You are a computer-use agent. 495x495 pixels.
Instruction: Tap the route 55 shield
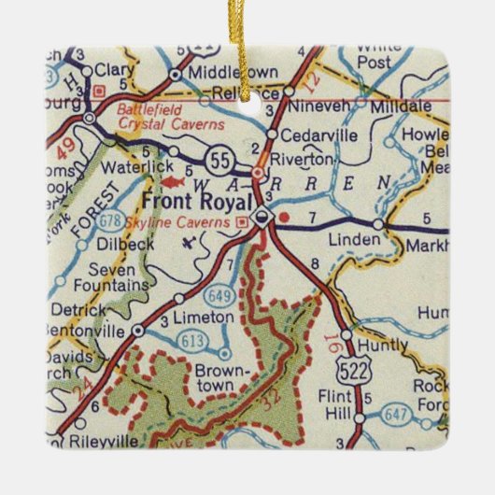pos(219,161)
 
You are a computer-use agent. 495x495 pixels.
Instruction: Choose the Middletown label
pos(220,72)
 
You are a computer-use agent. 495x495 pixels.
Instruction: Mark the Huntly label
pos(383,346)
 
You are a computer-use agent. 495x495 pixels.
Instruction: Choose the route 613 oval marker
pos(191,338)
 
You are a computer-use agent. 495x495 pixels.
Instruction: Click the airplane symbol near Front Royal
pos(192,245)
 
